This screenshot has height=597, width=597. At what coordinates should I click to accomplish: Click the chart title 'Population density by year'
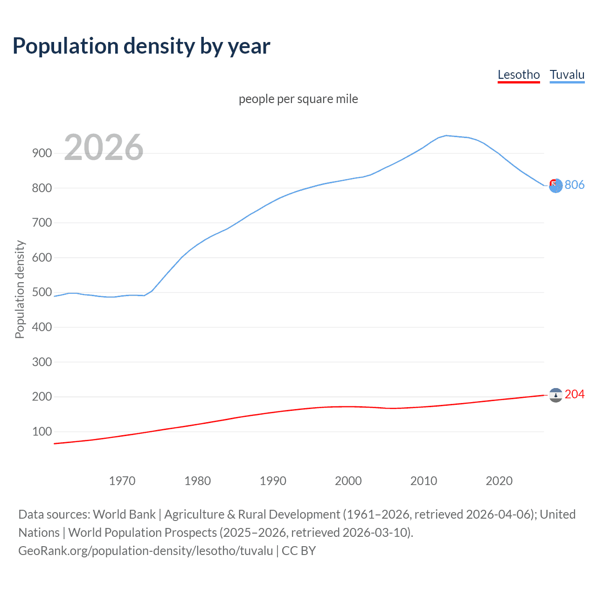click(141, 46)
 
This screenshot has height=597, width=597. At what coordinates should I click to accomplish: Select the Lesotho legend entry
click(519, 75)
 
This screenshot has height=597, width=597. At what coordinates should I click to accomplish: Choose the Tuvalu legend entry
click(567, 75)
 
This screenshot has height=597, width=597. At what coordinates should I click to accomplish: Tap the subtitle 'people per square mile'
click(298, 99)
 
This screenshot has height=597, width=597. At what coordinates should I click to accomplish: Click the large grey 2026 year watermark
click(104, 147)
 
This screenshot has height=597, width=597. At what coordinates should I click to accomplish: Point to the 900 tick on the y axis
click(42, 153)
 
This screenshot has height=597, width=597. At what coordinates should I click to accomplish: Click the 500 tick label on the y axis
click(42, 292)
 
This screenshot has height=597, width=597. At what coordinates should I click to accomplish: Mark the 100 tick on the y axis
click(42, 431)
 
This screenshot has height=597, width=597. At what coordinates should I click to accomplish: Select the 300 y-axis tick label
click(42, 362)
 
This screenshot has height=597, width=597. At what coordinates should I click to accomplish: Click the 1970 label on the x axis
click(122, 481)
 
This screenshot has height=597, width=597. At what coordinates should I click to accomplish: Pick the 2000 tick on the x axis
click(348, 481)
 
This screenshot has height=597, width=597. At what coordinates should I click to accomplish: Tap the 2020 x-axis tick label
click(499, 481)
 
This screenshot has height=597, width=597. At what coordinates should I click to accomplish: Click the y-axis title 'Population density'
click(20, 289)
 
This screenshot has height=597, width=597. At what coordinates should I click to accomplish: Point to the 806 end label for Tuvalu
click(575, 185)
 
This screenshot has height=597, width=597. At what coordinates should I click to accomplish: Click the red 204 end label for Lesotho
click(575, 394)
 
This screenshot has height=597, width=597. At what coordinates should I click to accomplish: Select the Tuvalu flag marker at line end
click(555, 186)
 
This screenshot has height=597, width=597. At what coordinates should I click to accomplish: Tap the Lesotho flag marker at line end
click(555, 395)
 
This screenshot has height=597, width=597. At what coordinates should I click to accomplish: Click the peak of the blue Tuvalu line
click(446, 135)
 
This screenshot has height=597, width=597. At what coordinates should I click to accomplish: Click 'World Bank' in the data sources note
click(124, 514)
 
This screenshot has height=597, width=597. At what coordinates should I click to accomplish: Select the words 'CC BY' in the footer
click(298, 551)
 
